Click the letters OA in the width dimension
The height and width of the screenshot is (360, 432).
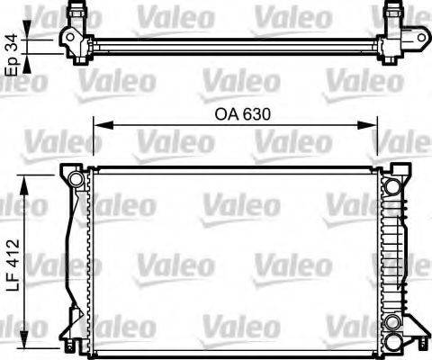pyautogui.click(x=224, y=115)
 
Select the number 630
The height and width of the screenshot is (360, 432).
pyautogui.click(x=255, y=115)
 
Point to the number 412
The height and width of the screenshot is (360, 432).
pyautogui.click(x=11, y=251)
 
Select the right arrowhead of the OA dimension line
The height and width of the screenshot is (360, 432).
pyautogui.click(x=373, y=127)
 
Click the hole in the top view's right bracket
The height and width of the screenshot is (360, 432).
pyautogui.click(x=409, y=39)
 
